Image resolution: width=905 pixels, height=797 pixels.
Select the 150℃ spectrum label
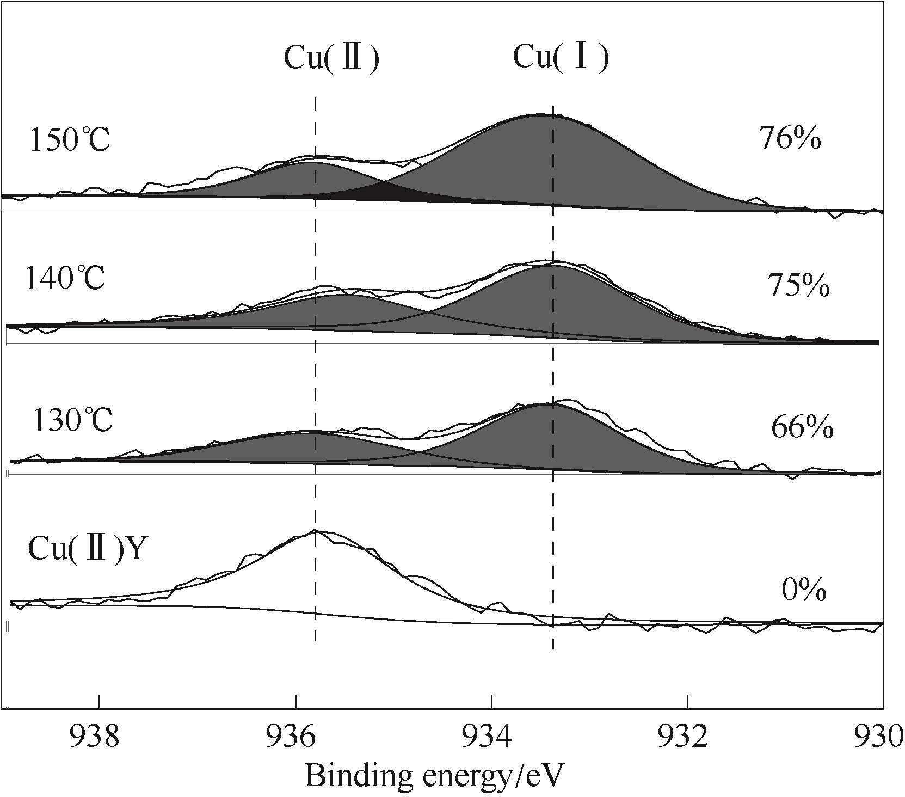70,140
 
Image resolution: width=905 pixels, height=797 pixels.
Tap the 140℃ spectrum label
65,279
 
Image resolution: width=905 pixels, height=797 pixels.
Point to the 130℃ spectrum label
72,420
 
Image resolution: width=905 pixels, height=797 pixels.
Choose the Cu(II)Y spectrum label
87,548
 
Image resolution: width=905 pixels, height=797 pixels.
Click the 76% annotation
790,139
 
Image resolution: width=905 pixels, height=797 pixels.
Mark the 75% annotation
798,285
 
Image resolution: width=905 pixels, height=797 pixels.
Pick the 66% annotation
802,428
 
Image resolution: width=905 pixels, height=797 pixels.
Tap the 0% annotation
804,590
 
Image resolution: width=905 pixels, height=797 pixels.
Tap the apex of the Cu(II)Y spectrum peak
315,531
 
